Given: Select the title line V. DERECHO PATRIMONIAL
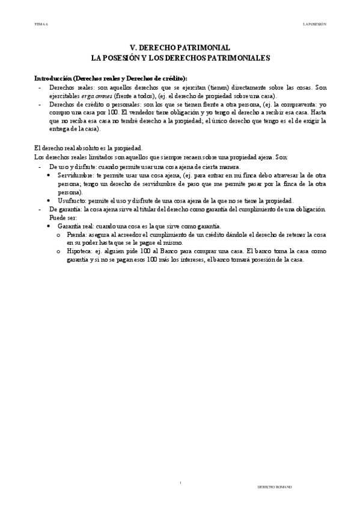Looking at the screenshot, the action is tap(180, 48).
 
